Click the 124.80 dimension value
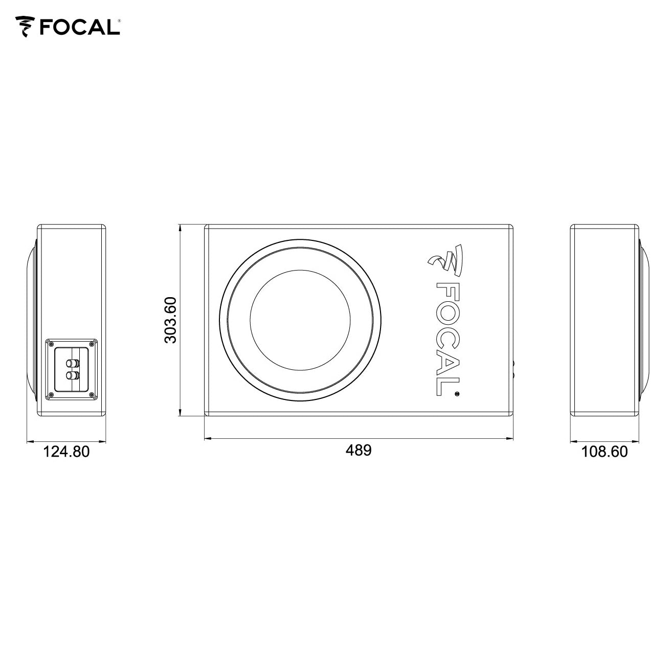click(66, 452)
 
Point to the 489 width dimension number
click(359, 451)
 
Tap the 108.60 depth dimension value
click(605, 452)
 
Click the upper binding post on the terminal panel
click(72, 363)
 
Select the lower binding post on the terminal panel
click(72, 375)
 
